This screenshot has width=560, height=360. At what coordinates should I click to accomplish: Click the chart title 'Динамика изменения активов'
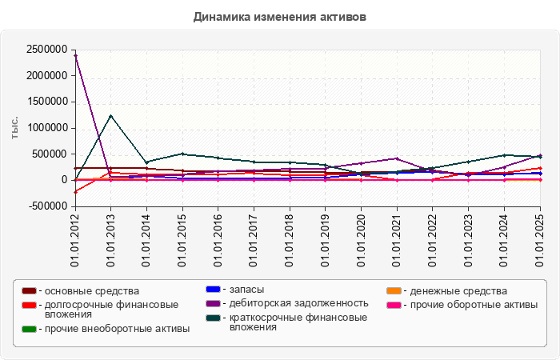pos(280,16)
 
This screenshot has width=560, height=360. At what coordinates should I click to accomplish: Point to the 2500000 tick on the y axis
pos(46,50)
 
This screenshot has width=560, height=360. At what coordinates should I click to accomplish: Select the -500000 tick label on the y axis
pos(45,206)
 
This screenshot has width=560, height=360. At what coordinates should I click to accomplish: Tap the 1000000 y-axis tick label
pos(46,128)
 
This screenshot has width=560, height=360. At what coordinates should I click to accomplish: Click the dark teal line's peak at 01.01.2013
pos(110,115)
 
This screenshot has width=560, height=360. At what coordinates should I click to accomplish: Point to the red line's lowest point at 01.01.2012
pos(74,192)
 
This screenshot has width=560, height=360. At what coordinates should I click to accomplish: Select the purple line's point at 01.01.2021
pos(398,158)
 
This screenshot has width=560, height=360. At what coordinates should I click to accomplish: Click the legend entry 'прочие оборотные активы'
pos(472,304)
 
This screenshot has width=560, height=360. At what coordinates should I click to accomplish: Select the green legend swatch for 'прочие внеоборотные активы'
pos(29,329)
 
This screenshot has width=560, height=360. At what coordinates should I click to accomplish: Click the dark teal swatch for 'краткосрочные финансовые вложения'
pos(213,318)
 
